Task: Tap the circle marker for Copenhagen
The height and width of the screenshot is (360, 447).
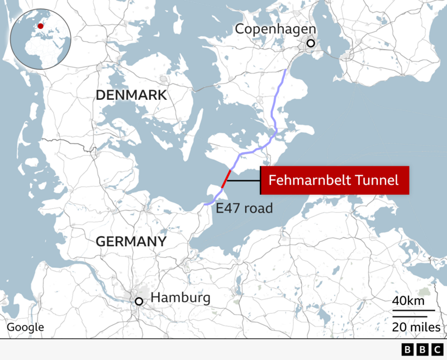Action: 311,44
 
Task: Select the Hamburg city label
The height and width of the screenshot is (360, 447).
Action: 180,297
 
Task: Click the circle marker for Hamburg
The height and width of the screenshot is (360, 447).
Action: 139,302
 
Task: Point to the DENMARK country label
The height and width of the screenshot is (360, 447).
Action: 131,95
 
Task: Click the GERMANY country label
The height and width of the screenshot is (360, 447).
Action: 131,242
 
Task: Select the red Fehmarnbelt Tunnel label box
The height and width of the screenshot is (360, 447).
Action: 334,180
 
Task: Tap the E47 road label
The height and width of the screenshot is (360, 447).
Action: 244,209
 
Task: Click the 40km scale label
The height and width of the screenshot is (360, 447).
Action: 408,301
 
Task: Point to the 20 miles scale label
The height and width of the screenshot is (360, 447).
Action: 416,327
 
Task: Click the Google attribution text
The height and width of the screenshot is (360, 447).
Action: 25,328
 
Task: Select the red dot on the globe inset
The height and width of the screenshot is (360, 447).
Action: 40,26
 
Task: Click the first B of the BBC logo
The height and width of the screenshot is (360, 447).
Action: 407,349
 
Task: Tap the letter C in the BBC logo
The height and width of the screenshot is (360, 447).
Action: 436,349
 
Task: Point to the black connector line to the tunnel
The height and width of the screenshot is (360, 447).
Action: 244,180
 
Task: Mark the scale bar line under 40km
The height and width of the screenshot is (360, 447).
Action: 413,310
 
